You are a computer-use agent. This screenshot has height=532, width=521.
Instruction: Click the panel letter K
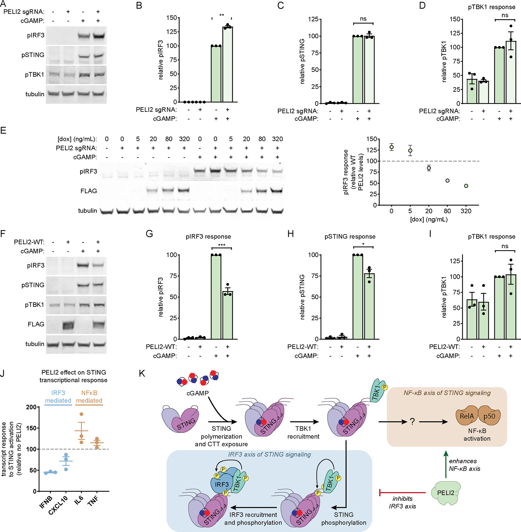(142, 374)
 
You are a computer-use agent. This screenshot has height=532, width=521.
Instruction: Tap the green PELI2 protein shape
(445, 493)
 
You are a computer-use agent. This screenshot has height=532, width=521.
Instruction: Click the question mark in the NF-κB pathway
(412, 422)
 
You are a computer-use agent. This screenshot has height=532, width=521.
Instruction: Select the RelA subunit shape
(467, 416)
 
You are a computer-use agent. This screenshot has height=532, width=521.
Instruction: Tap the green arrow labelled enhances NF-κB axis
(446, 465)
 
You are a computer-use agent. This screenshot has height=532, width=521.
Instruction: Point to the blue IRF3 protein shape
(221, 484)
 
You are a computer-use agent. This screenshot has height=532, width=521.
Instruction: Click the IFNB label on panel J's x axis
(46, 502)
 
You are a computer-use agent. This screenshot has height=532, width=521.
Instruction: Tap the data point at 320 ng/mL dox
(466, 186)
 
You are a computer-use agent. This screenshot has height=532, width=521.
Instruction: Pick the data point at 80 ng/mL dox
(448, 181)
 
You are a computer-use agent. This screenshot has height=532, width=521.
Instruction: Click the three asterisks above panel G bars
(222, 245)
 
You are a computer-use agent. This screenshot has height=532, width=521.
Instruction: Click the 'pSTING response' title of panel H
(350, 237)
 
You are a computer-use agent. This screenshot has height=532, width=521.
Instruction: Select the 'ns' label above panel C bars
(363, 18)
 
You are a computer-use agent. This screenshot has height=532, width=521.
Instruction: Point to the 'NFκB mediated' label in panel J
(89, 397)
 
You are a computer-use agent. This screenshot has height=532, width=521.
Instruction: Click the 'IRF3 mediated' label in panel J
(58, 397)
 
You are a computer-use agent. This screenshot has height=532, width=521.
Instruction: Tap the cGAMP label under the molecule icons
(198, 393)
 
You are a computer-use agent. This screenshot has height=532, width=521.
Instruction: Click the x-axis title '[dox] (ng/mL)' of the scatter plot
(429, 219)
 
